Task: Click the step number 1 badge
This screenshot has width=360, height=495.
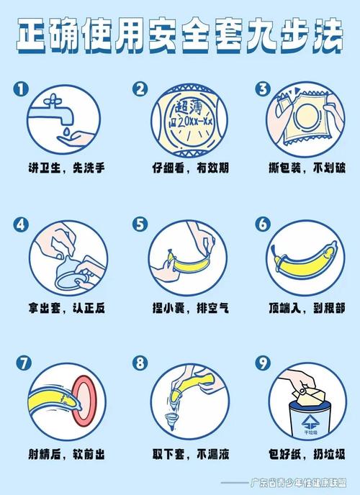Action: (x=21, y=89)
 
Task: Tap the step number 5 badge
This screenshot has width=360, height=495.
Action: (x=140, y=224)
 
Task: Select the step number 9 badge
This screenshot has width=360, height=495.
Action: (x=263, y=363)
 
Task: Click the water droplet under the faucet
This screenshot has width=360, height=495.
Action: (x=66, y=132)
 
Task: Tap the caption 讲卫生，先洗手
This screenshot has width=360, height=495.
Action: (x=66, y=168)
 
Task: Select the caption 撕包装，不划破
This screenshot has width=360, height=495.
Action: (x=307, y=168)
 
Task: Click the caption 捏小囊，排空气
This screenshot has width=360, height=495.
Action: (x=190, y=308)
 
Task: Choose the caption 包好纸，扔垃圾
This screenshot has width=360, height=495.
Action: (x=307, y=454)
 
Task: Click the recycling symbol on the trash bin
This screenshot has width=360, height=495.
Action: (x=310, y=422)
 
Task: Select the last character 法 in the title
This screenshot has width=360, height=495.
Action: (x=328, y=35)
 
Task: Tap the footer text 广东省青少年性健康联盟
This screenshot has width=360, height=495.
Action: (x=298, y=483)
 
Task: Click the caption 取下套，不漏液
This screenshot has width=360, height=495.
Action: (x=190, y=454)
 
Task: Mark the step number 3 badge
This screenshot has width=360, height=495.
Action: (x=263, y=89)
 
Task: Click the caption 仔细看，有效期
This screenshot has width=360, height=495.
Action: (x=190, y=168)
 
